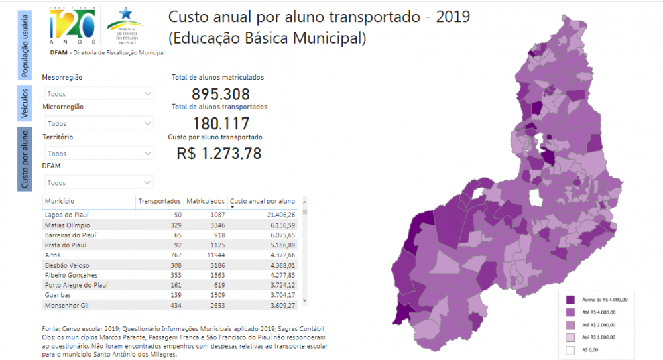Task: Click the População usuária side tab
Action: click(25, 44)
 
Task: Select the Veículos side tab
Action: click(25, 103)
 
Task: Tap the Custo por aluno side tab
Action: click(25, 159)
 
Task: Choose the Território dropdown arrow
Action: click(148, 154)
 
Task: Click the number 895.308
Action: click(221, 94)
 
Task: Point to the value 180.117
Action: click(221, 124)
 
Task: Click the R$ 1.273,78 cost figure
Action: click(219, 154)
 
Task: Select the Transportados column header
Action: click(159, 201)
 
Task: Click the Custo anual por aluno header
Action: click(262, 201)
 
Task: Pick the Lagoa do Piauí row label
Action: click(67, 215)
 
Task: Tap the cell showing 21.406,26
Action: click(278, 215)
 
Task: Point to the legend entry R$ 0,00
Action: click(590, 349)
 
